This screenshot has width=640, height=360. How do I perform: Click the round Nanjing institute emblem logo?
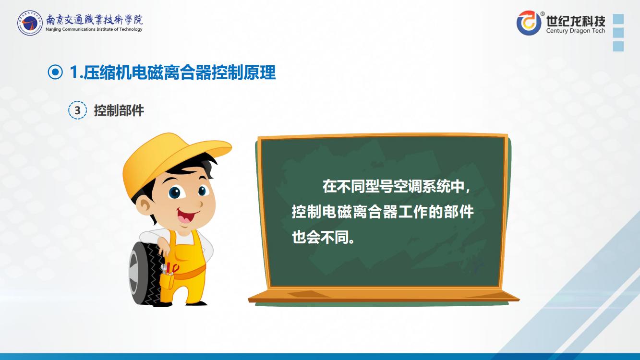30,23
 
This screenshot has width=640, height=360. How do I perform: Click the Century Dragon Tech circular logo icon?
529,23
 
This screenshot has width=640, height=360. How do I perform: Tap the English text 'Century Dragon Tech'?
576,31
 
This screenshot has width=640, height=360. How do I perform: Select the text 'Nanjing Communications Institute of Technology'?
94,29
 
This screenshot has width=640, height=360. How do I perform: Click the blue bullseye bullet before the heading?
55,72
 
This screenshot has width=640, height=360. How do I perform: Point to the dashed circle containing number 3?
77,110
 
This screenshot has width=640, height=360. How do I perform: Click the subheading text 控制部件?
119,110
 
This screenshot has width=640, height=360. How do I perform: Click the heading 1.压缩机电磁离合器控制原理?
172,72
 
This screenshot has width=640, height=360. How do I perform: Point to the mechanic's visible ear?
145,206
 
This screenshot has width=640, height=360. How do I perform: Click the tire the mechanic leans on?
145,274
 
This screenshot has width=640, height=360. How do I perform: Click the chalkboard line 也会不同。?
323,237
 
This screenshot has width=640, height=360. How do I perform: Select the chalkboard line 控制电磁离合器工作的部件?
383,212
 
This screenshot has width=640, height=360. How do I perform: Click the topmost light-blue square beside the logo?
618,19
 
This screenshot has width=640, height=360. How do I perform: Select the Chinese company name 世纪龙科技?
576,20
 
